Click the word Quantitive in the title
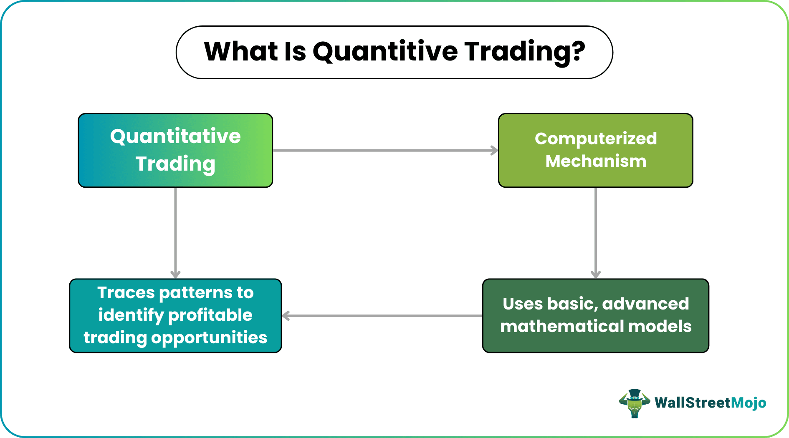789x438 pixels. [x=385, y=52]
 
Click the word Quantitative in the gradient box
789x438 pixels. [x=175, y=137]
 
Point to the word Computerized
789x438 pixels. [x=596, y=138]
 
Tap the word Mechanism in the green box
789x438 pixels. [x=596, y=161]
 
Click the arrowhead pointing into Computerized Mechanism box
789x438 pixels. [x=495, y=151]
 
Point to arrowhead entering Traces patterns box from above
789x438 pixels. [x=175, y=274]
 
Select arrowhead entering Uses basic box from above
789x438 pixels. [x=596, y=274]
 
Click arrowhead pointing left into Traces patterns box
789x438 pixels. [x=286, y=316]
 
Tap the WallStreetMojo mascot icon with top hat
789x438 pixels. [x=634, y=403]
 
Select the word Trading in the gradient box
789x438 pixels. [x=175, y=164]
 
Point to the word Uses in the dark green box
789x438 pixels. [x=522, y=304]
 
